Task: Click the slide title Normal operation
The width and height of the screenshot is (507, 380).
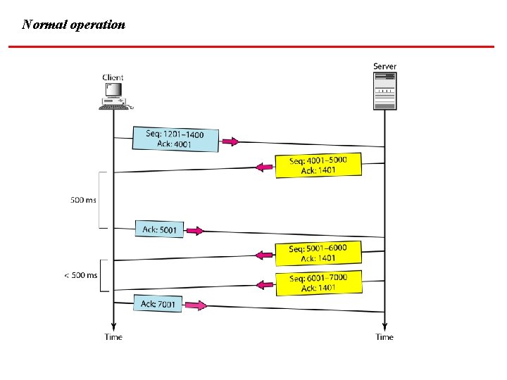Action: click(x=74, y=25)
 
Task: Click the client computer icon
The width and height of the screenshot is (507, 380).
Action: click(x=113, y=96)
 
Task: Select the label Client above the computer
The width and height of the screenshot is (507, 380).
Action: click(x=113, y=77)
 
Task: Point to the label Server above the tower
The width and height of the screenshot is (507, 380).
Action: click(x=384, y=66)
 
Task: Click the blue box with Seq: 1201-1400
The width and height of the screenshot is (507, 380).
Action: click(x=175, y=139)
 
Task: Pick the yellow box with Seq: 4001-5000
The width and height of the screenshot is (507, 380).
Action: click(x=318, y=165)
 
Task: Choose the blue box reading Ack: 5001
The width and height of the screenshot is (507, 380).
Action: click(x=159, y=229)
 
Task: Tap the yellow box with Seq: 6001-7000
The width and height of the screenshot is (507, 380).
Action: click(x=318, y=282)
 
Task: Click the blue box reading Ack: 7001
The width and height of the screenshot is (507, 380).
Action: click(x=158, y=303)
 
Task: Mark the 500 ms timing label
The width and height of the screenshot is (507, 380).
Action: click(x=83, y=200)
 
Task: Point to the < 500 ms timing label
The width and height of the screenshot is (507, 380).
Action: click(x=81, y=275)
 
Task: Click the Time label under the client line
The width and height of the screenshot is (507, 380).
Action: click(x=113, y=337)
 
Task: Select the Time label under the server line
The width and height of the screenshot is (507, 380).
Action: click(x=384, y=337)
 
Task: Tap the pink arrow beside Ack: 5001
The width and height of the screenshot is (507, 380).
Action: click(x=195, y=230)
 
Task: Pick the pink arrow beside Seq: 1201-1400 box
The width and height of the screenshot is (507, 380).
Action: click(x=230, y=141)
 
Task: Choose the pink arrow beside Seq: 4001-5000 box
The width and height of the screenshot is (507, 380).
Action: click(x=264, y=167)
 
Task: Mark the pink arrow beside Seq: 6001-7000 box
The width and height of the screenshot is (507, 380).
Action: click(x=264, y=284)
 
